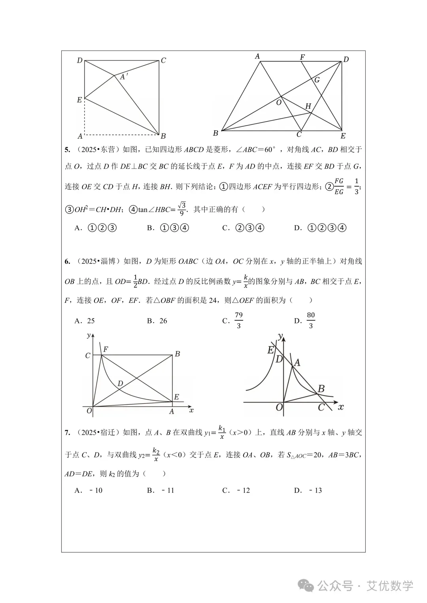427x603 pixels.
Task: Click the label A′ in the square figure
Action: click(x=124, y=77)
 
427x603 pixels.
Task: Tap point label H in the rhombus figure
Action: click(x=308, y=106)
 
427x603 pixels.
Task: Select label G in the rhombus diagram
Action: click(x=317, y=80)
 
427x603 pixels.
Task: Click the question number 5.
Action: click(x=67, y=150)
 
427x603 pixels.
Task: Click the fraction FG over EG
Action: click(x=339, y=186)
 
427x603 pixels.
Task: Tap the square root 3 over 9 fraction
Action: click(x=181, y=209)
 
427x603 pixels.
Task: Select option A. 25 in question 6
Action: click(x=85, y=321)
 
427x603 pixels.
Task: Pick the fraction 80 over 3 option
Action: click(x=311, y=320)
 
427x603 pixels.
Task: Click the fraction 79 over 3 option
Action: click(x=238, y=320)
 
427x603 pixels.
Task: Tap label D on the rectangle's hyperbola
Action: click(x=120, y=383)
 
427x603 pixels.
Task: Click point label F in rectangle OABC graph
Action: click(x=106, y=349)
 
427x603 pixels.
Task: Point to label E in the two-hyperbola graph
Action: click(x=270, y=350)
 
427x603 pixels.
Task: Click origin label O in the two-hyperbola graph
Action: click(x=279, y=407)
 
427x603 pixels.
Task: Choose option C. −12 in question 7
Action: click(x=236, y=490)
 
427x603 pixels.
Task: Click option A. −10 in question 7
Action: click(x=89, y=490)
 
